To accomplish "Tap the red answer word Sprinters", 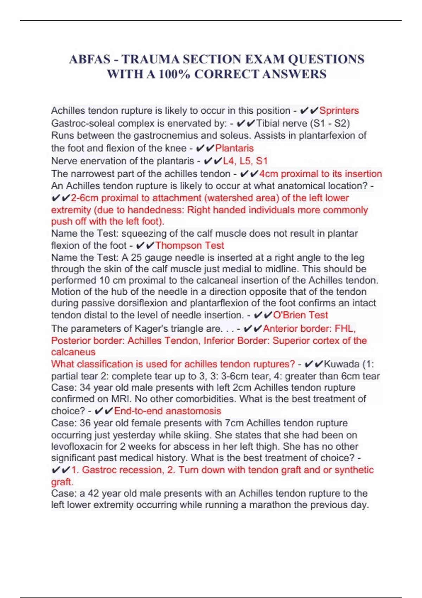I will tap(339, 110).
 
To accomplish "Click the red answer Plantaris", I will tap(234, 148).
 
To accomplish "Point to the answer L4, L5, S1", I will tap(245, 161).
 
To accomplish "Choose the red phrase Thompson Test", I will tap(190, 245).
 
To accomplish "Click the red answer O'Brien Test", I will tap(300, 315).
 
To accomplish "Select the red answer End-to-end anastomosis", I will tap(167, 411).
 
